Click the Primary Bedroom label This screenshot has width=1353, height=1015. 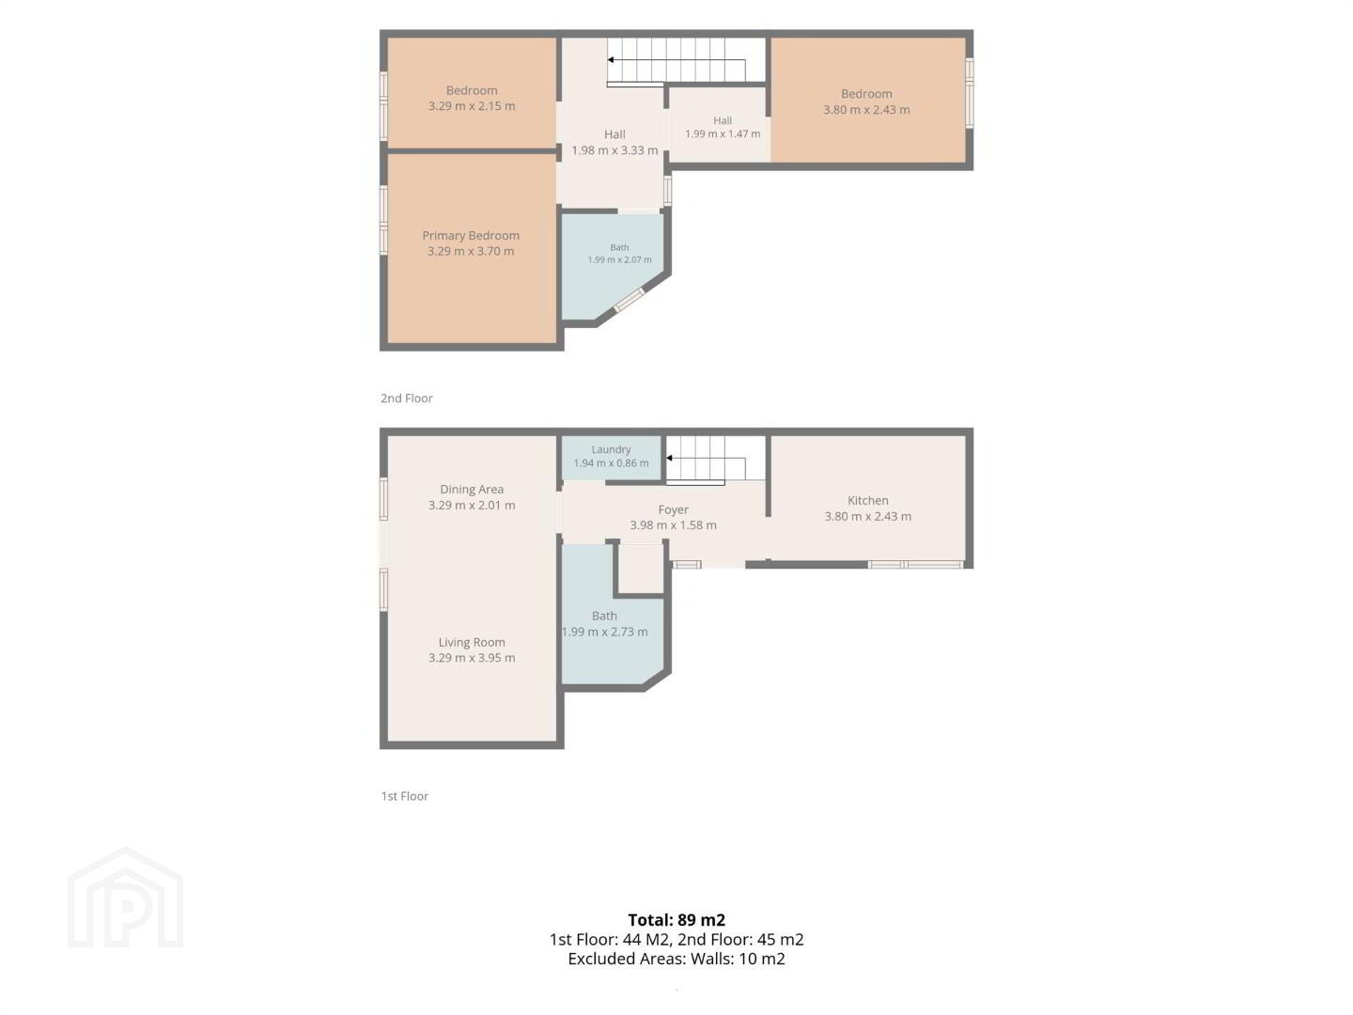point(471,235)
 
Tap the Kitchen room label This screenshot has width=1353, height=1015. point(867,500)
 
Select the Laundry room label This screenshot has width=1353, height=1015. point(611,450)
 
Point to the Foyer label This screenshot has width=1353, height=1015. point(673,509)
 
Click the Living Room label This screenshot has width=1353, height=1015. point(472,642)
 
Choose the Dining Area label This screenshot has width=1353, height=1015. point(472,490)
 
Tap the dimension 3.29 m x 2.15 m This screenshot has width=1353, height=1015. point(472,106)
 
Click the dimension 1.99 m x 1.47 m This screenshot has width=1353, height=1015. point(723,133)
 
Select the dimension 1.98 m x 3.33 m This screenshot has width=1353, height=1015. point(614,150)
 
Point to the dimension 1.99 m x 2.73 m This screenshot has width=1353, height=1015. point(604,632)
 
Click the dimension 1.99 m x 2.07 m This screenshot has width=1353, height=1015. point(619,260)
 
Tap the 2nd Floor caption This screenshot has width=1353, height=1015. point(406,398)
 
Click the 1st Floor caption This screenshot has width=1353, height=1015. point(404,796)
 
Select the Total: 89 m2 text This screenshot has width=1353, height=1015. point(676,920)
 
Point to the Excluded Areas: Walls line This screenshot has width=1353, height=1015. point(676,959)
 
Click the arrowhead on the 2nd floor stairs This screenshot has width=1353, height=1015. point(610,60)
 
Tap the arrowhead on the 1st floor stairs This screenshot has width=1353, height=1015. point(669,459)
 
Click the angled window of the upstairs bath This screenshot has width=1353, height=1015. point(629,300)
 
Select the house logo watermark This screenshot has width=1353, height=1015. point(125,898)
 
